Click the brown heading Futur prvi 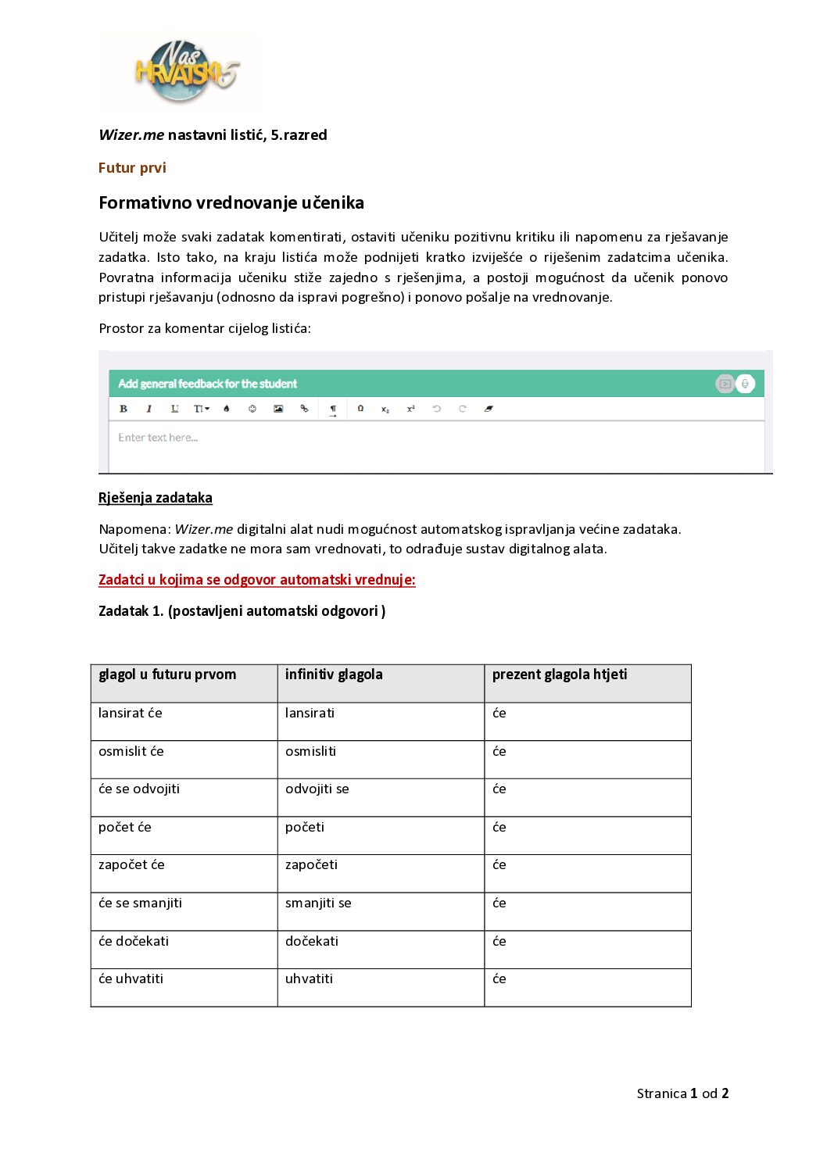[132, 168]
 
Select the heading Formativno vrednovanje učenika [231, 203]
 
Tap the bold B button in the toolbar [124, 409]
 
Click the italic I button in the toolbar [149, 409]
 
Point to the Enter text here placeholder [158, 438]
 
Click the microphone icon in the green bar [746, 384]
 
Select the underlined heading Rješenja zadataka [156, 498]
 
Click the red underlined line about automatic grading [256, 580]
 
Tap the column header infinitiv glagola [334, 674]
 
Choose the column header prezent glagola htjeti [560, 674]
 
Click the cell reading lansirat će [131, 713]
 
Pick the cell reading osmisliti [310, 751]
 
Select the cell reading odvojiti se [317, 789]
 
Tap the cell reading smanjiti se [318, 903]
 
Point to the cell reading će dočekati [134, 941]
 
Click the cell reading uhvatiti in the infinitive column [309, 979]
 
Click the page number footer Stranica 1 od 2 [682, 1093]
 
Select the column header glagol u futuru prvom [167, 674]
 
